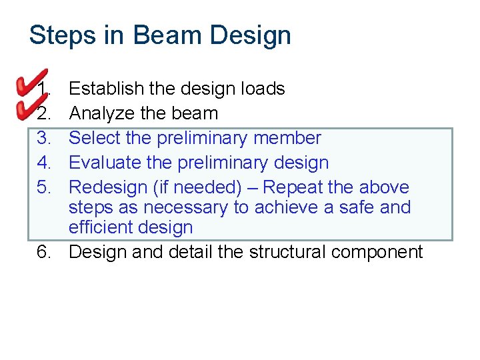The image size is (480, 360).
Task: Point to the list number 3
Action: pyautogui.click(x=44, y=138)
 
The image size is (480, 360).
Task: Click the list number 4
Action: pyautogui.click(x=44, y=163)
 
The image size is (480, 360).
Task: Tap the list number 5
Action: pyautogui.click(x=44, y=187)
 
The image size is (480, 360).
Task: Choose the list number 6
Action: pyautogui.click(x=44, y=252)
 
